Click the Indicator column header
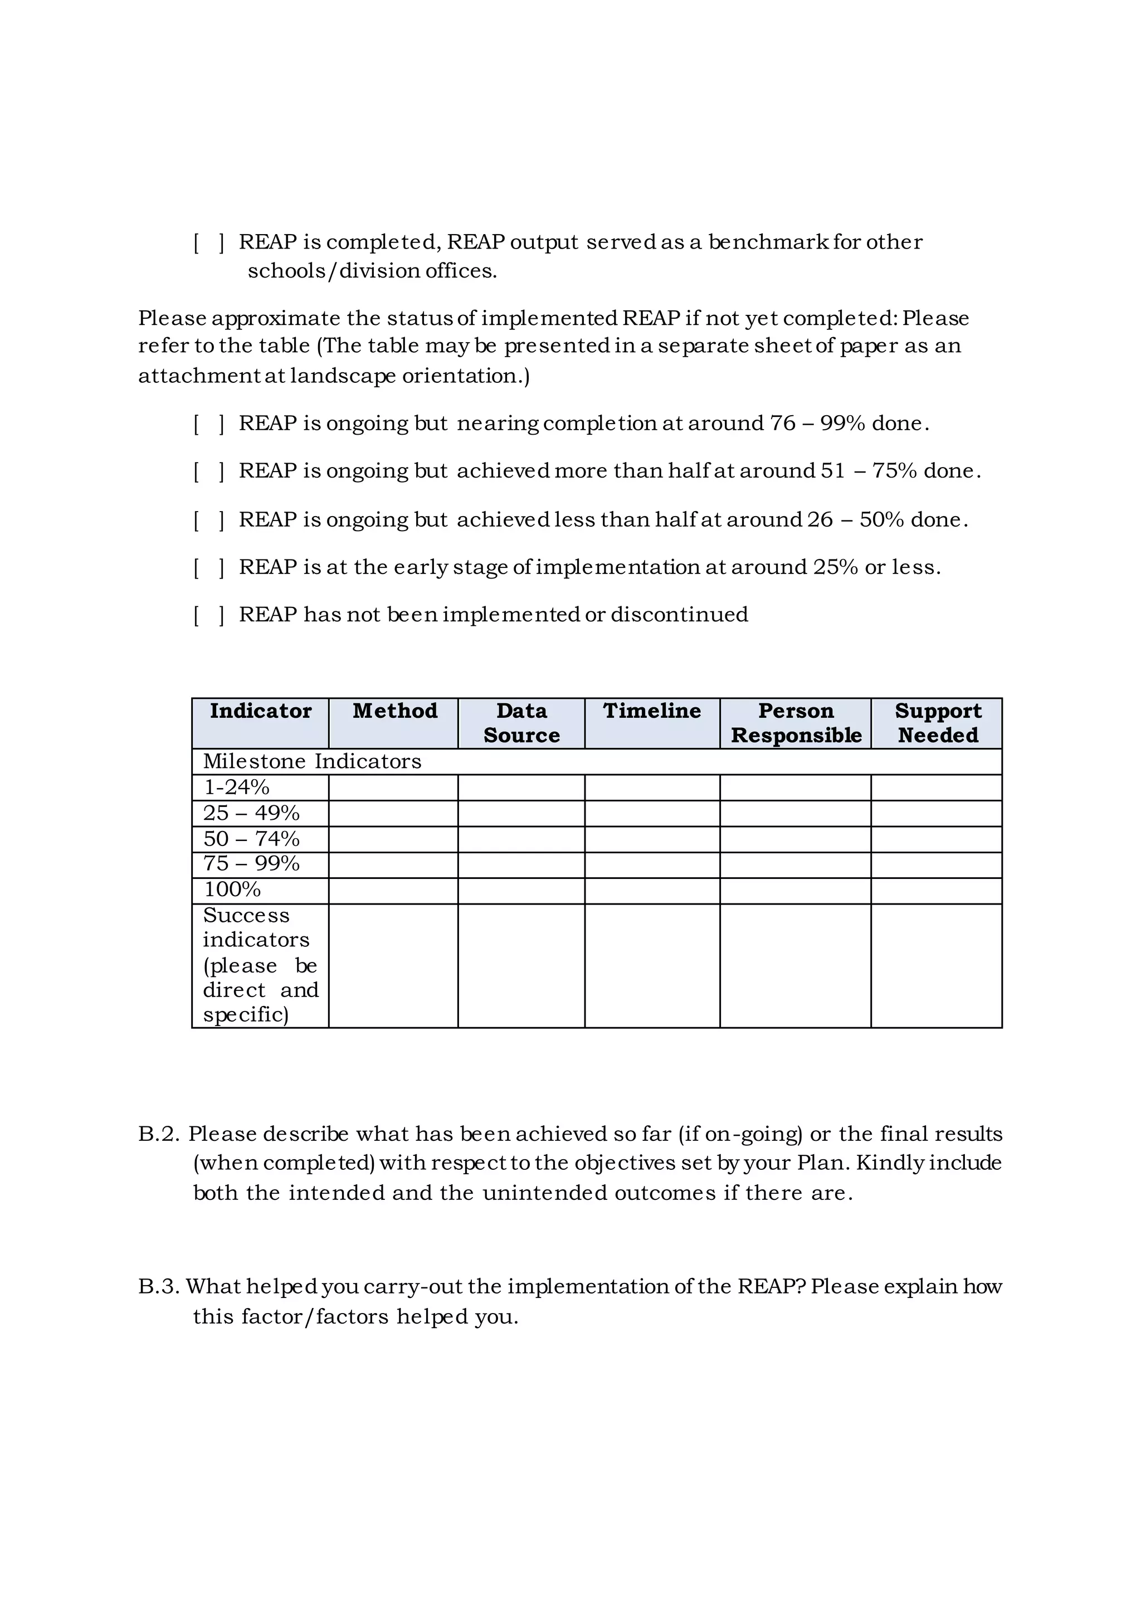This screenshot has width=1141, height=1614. [260, 711]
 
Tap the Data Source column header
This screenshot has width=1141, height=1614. [521, 723]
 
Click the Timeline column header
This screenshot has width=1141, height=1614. [651, 711]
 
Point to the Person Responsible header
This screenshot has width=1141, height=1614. [796, 723]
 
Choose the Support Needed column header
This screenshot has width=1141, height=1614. [937, 723]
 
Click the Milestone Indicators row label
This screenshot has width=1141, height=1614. [312, 761]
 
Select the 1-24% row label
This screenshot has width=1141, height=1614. [237, 787]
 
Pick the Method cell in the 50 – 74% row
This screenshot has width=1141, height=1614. [393, 839]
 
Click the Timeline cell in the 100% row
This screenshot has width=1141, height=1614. [652, 891]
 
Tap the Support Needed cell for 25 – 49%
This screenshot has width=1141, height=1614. [937, 813]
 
